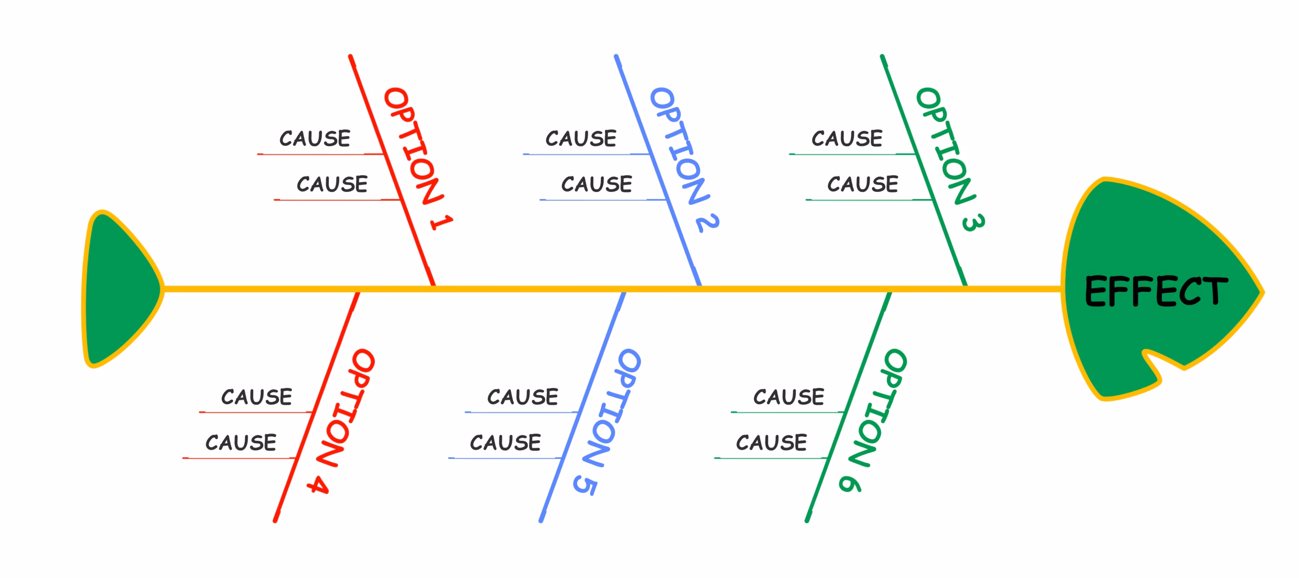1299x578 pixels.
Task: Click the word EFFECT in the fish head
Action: (x=1156, y=291)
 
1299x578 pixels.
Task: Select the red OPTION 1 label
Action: (x=418, y=159)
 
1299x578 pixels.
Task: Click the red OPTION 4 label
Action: (x=341, y=421)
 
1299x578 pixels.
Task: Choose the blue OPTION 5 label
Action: (x=607, y=422)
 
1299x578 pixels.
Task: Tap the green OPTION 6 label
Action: (x=873, y=421)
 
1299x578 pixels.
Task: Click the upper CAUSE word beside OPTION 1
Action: (x=315, y=138)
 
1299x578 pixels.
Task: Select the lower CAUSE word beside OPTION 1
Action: (x=332, y=184)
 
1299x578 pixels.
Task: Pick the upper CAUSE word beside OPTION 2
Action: (x=581, y=138)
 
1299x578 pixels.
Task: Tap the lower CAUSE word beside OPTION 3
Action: (x=863, y=184)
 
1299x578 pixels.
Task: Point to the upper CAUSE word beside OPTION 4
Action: (x=256, y=397)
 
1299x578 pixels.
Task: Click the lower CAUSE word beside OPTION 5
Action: (x=505, y=442)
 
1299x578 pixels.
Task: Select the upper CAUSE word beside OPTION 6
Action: (x=789, y=397)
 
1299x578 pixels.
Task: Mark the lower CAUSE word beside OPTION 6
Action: (x=771, y=442)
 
